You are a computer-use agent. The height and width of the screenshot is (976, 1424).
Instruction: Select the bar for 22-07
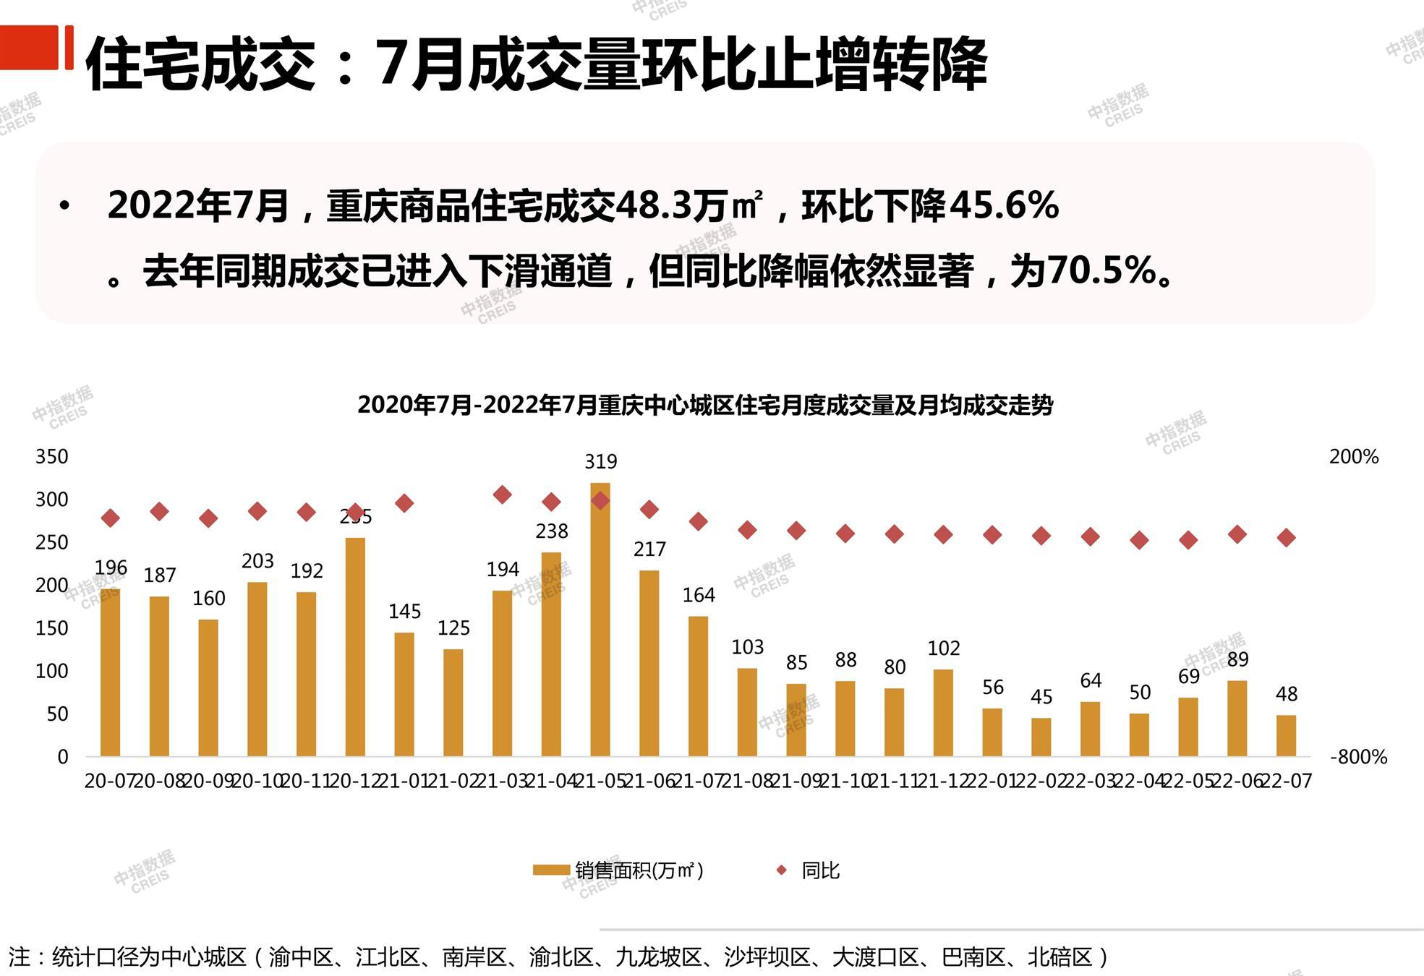1286,735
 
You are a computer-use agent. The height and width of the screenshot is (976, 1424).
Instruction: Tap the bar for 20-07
110,672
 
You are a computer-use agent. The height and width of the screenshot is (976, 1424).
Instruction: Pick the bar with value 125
453,702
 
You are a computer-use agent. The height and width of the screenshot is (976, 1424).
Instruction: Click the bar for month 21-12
943,712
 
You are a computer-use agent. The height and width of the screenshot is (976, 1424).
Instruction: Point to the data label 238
552,531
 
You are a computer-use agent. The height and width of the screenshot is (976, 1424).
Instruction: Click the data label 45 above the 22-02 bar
1041,697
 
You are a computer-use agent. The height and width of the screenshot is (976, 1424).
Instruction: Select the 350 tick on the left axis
52,457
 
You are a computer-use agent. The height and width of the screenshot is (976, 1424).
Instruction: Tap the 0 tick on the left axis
63,757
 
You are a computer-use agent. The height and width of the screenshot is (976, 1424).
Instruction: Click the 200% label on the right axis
1354,457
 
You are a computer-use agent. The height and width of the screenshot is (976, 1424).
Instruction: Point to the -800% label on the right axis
1358,757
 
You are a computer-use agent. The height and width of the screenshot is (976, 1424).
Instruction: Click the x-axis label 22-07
1287,781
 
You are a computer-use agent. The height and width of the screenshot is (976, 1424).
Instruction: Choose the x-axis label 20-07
108,781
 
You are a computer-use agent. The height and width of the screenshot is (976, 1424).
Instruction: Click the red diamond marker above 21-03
503,495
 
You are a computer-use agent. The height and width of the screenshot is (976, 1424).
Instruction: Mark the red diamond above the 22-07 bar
1286,537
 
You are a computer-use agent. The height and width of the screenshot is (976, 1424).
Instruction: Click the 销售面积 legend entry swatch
551,870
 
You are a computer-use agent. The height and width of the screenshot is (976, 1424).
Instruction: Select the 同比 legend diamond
781,870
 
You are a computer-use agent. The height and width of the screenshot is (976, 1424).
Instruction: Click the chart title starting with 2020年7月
705,405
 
